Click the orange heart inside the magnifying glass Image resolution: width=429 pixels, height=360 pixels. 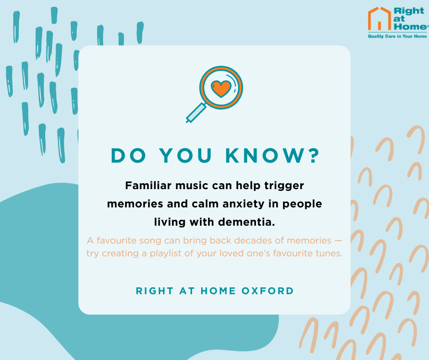pyautogui.click(x=221, y=89)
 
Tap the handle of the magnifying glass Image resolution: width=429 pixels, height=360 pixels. pyautogui.click(x=196, y=112)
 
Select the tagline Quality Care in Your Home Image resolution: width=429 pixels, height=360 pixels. pyautogui.click(x=397, y=36)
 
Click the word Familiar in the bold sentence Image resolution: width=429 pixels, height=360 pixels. pyautogui.click(x=148, y=185)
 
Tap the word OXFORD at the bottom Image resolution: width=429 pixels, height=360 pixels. pyautogui.click(x=267, y=291)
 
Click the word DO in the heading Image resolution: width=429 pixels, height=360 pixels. pyautogui.click(x=128, y=156)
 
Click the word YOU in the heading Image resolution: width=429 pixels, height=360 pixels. pyautogui.click(x=186, y=156)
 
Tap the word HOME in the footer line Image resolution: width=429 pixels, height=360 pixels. pyautogui.click(x=218, y=291)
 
